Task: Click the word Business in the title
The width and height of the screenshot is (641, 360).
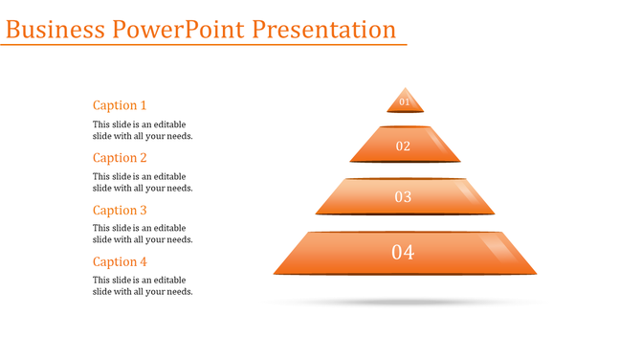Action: (55, 30)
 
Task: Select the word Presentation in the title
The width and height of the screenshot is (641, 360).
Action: (324, 30)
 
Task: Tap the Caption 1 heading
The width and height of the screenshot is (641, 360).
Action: (120, 105)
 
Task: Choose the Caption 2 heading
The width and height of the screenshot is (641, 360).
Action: (120, 158)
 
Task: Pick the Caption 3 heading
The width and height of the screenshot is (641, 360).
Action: (120, 210)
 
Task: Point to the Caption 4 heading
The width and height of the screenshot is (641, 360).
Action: (120, 261)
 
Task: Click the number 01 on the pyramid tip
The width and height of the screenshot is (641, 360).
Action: (405, 101)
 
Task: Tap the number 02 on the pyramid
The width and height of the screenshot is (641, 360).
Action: (403, 146)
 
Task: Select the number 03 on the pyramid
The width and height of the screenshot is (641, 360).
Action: (403, 197)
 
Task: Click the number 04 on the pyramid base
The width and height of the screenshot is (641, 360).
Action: (403, 253)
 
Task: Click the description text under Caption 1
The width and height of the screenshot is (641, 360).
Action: (143, 130)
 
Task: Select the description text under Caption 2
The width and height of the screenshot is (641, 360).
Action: (143, 182)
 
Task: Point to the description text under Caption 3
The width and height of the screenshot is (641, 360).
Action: (143, 234)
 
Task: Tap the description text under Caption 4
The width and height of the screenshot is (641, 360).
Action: (143, 285)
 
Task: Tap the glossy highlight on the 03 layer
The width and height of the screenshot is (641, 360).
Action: (468, 194)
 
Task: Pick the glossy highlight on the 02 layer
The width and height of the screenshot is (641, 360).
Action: (440, 145)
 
